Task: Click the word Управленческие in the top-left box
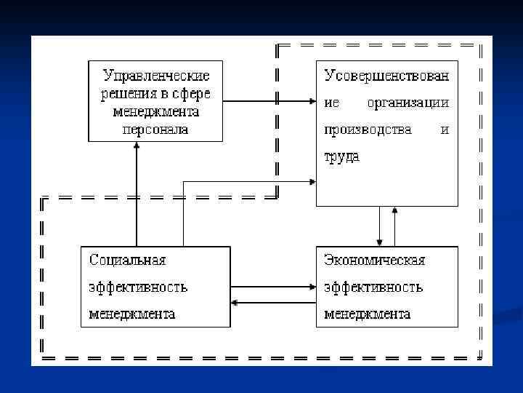tap(156, 76)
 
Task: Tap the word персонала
tap(156, 130)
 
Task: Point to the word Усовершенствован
tap(386, 76)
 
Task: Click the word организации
tap(408, 103)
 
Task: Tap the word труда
tap(341, 156)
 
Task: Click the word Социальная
tap(127, 260)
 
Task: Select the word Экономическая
tap(374, 260)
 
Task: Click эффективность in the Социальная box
tap(138, 287)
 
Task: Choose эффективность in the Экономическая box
tap(373, 287)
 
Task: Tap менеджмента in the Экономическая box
tap(367, 314)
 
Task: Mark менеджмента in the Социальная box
tap(131, 314)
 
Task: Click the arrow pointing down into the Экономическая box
tap(379, 226)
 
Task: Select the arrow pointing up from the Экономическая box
tap(394, 226)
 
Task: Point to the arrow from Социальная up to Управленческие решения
tap(137, 193)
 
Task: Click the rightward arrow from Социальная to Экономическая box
tap(273, 287)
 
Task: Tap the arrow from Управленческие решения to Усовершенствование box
tap(269, 101)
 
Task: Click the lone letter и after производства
tap(445, 130)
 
